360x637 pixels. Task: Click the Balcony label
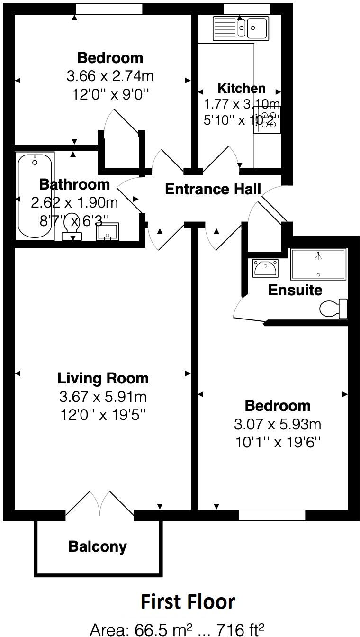pyautogui.click(x=98, y=546)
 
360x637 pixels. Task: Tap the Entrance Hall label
pyautogui.click(x=213, y=189)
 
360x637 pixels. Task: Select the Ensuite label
pyautogui.click(x=295, y=290)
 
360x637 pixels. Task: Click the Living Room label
pyautogui.click(x=103, y=378)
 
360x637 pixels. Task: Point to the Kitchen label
pyautogui.click(x=241, y=88)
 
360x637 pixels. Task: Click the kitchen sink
pyautogui.click(x=241, y=27)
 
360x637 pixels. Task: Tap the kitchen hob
pyautogui.click(x=267, y=119)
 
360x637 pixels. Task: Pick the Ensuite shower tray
pyautogui.click(x=319, y=264)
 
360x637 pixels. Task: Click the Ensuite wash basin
pyautogui.click(x=265, y=269)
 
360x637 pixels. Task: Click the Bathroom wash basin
pyautogui.click(x=108, y=232)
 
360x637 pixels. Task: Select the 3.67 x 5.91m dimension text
pyautogui.click(x=103, y=396)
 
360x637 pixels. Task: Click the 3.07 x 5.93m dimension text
pyautogui.click(x=278, y=424)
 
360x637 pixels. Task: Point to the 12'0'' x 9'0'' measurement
pyautogui.click(x=110, y=94)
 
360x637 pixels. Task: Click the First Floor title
pyautogui.click(x=188, y=601)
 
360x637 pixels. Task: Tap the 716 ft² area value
pyautogui.click(x=240, y=629)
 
